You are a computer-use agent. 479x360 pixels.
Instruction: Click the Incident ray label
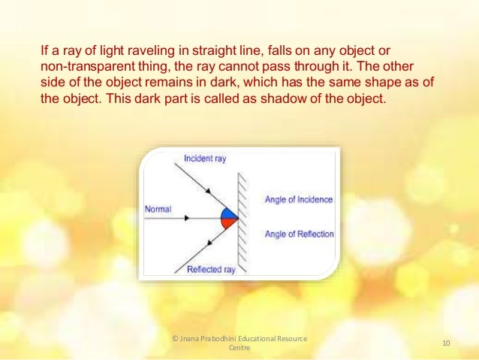[204, 159]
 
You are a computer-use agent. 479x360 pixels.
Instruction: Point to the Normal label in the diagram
[158, 209]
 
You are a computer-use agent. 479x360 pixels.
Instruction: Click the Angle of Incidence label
[298, 199]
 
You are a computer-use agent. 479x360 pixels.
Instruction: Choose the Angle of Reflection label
[299, 234]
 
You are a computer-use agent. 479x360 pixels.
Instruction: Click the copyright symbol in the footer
[176, 339]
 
